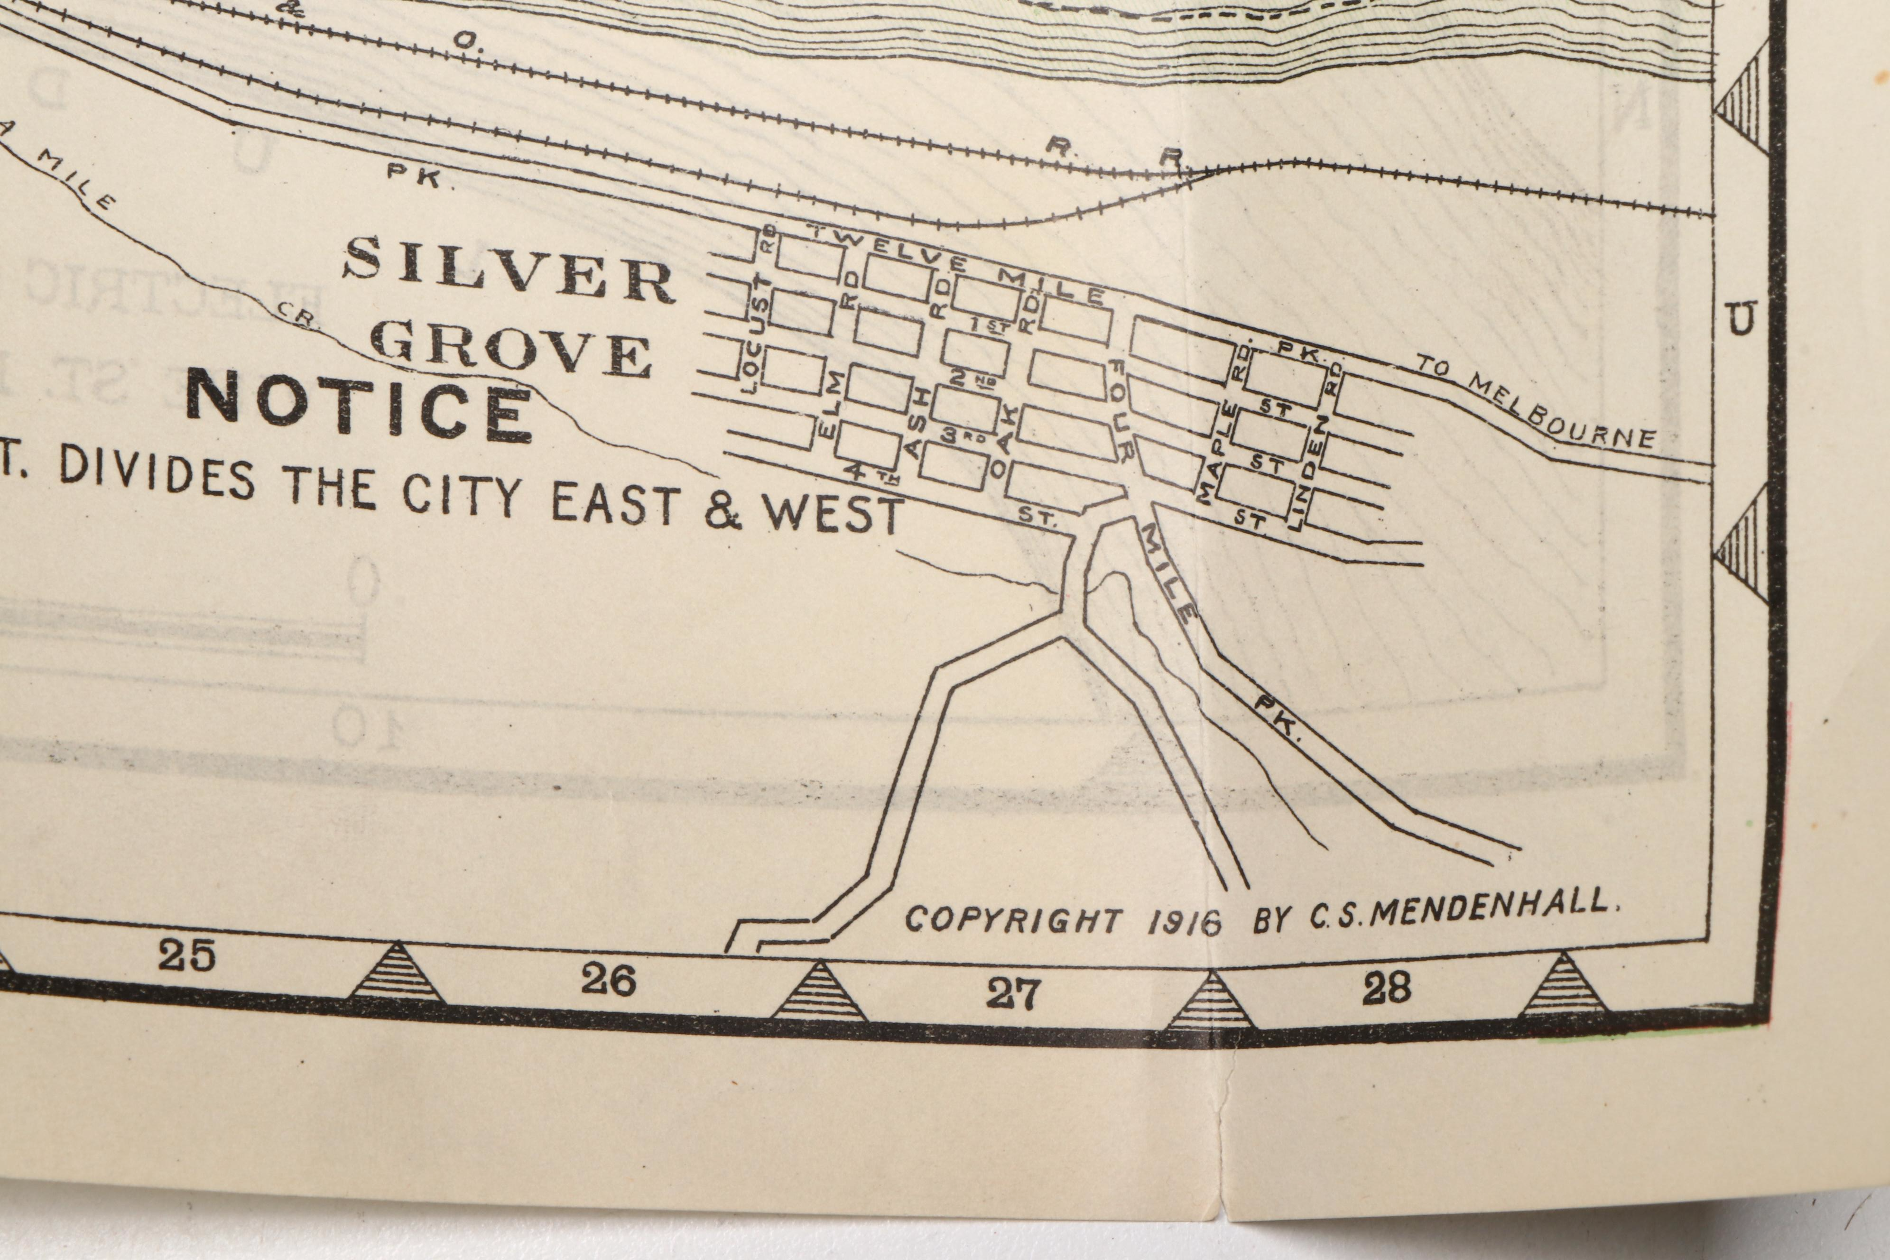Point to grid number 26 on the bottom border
click(608, 981)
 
